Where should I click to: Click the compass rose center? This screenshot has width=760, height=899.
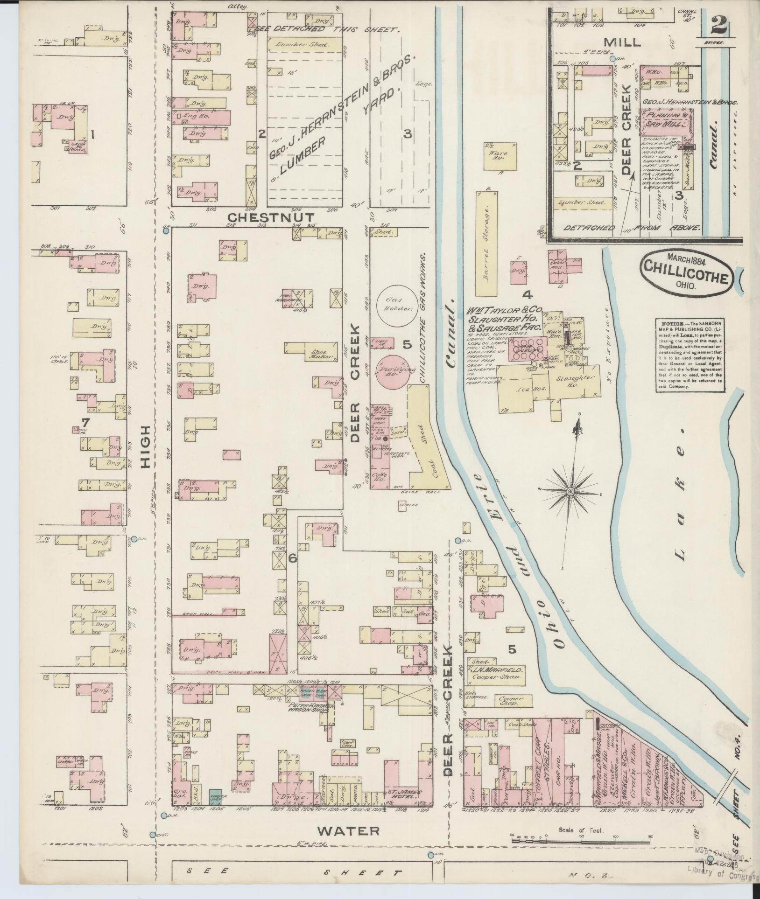coord(570,492)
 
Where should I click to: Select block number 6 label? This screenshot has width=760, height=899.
coord(293,557)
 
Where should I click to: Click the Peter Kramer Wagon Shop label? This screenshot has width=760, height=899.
coord(306,706)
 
